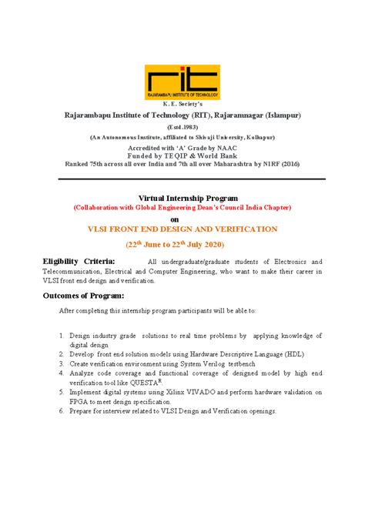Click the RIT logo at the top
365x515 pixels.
point(182,80)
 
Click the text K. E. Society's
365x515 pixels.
point(182,104)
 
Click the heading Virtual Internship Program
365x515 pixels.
point(182,198)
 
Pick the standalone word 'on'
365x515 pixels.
point(182,219)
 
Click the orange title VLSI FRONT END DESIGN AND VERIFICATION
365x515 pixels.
point(182,229)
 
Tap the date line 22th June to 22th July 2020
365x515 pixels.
point(182,245)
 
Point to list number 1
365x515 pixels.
point(62,336)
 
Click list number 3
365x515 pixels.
point(62,363)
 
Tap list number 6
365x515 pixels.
point(62,410)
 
